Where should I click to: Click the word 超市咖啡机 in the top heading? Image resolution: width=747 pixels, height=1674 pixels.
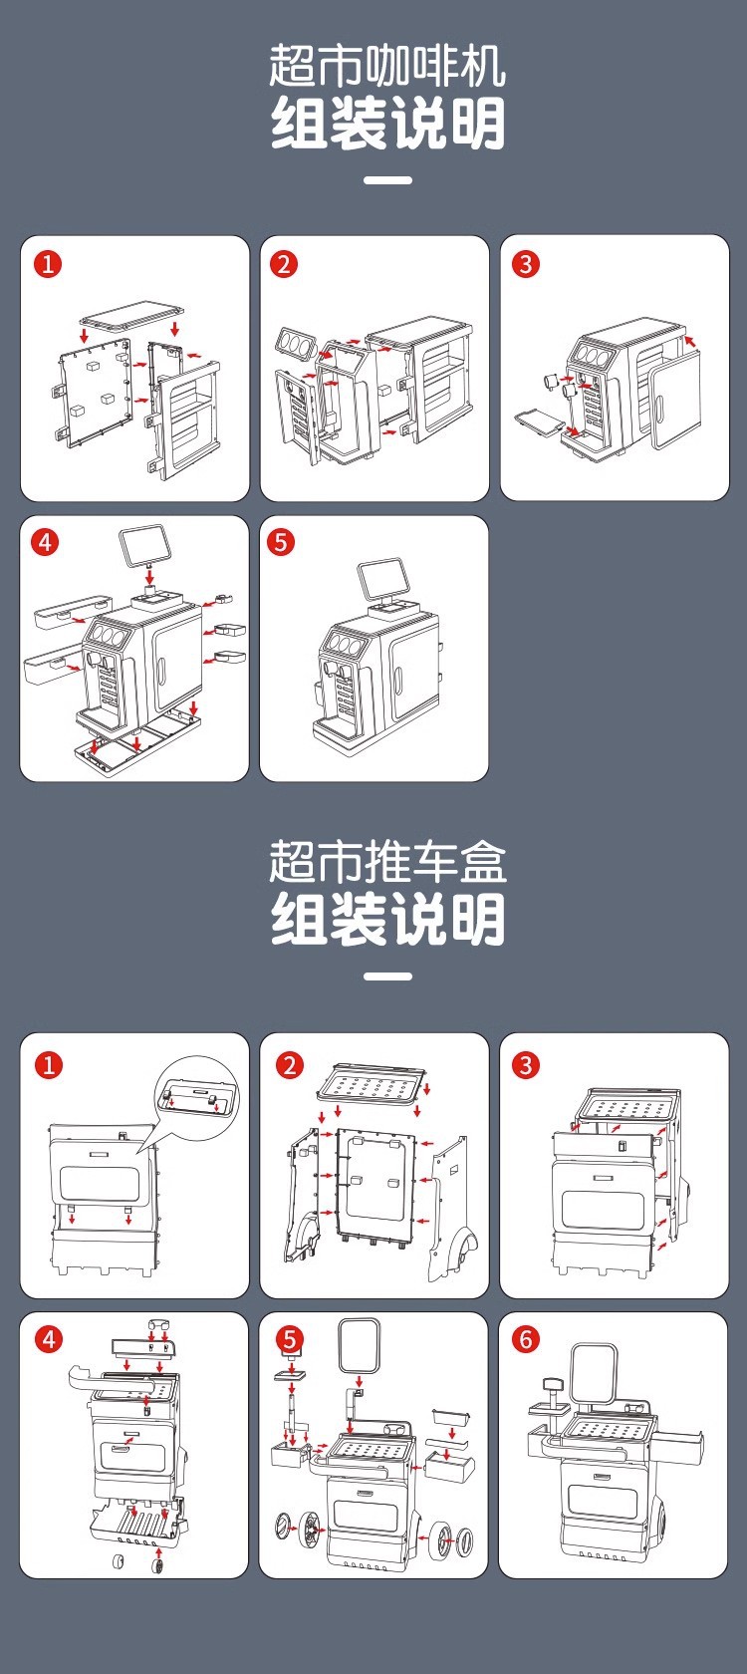386,66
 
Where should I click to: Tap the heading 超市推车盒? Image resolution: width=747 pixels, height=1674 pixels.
386,862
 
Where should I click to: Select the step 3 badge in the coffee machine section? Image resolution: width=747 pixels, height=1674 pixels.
525,264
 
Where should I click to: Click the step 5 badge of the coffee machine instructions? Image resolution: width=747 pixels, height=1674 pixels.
281,542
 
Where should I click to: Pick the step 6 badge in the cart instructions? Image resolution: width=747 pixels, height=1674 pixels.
525,1339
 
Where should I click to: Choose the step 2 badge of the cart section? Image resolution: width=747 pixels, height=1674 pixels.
290,1065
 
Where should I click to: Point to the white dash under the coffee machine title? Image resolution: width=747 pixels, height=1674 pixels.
387,180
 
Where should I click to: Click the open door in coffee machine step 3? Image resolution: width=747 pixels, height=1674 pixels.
673,404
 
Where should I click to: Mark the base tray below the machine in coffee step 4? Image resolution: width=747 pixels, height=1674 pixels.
139,735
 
